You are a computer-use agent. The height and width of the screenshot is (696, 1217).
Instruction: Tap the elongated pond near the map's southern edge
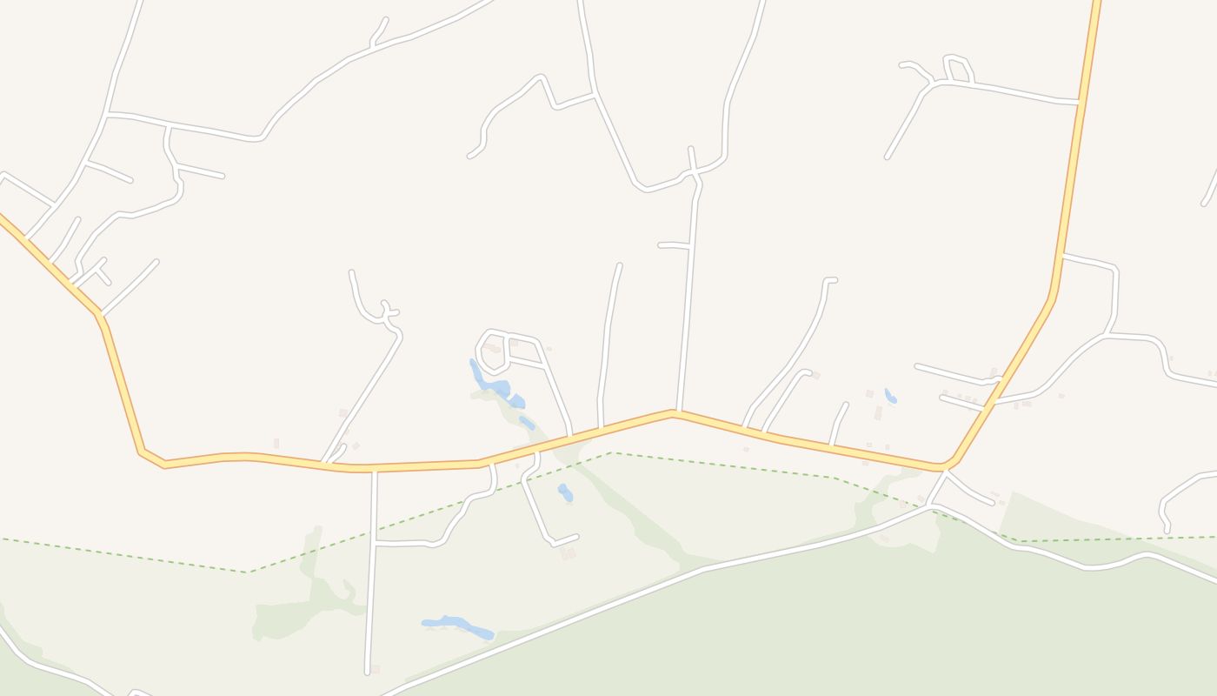coord(457,626)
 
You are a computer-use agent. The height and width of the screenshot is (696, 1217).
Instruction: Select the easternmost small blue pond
coord(889,397)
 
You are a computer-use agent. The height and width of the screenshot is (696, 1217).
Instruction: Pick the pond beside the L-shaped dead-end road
coord(565,492)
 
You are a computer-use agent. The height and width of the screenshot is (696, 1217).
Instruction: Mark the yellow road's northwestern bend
coord(99,315)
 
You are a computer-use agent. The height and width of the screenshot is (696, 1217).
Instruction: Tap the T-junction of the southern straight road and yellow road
coord(374,470)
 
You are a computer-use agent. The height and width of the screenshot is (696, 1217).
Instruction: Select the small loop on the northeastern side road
coord(957,70)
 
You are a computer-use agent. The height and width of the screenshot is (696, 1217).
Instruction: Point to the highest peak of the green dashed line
coord(612,452)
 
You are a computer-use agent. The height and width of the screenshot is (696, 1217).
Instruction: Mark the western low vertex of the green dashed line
coord(249,572)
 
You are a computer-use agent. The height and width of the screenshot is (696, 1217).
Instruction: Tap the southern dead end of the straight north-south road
coord(368,672)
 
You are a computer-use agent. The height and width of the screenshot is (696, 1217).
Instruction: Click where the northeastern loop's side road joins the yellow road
coord(1079,103)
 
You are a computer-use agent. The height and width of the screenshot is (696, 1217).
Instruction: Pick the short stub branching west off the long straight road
coord(661,245)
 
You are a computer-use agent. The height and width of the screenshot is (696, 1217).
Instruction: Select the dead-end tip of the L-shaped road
coord(576,537)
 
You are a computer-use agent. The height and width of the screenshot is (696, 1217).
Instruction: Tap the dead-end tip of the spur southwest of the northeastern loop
coord(888,157)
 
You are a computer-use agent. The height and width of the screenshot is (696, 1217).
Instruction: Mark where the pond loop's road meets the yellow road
coord(570,434)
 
